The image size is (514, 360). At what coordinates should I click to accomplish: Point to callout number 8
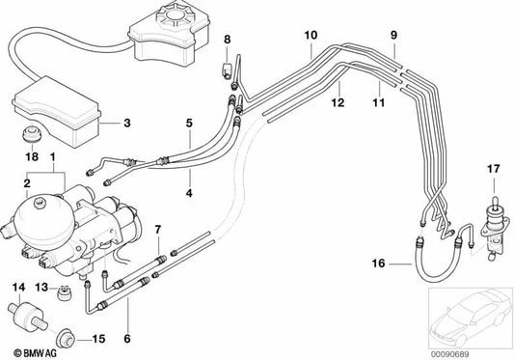click(227, 39)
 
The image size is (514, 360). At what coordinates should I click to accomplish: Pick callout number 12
click(338, 101)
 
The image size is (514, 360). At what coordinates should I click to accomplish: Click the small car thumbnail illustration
click(466, 318)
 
